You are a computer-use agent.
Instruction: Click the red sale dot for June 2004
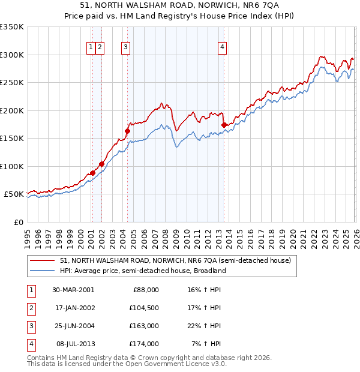[127, 131]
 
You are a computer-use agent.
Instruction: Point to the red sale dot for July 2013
[224, 125]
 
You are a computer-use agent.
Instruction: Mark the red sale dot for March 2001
[92, 173]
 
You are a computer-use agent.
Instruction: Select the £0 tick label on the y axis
[18, 222]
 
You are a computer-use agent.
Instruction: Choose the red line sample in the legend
[43, 260]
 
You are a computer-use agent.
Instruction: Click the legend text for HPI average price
[142, 271]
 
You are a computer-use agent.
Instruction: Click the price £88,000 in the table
[146, 289]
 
